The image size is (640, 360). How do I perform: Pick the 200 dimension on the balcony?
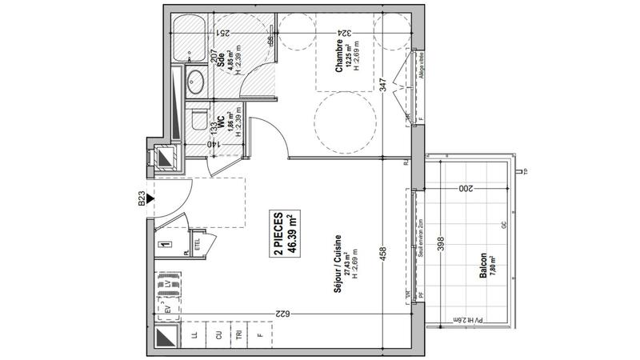[467, 189]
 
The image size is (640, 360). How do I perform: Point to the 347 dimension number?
[383, 85]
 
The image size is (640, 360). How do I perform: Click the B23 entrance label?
[142, 200]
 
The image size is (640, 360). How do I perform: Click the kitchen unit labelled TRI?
[237, 335]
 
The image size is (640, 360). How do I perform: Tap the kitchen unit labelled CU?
[217, 335]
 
